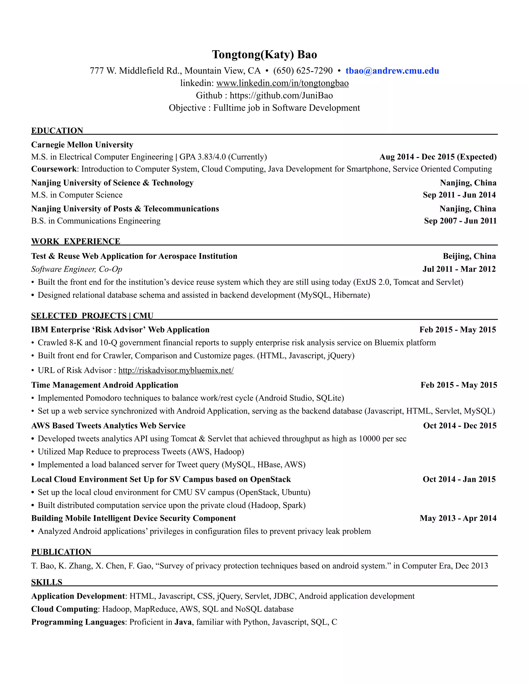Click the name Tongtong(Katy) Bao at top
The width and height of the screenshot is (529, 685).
[264, 55]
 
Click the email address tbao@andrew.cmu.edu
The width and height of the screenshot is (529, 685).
[392, 71]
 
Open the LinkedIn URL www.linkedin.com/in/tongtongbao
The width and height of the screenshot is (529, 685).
[282, 83]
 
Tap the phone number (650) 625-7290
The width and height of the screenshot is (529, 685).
[303, 71]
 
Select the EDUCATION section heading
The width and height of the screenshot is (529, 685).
[57, 131]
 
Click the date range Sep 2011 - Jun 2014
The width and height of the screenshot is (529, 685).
[459, 195]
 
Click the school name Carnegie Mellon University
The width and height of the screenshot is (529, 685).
[82, 144]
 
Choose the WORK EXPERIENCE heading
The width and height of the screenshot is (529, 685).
[75, 241]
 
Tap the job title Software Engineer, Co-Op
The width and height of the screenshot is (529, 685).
[76, 269]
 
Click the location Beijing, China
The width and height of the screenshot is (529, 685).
[469, 256]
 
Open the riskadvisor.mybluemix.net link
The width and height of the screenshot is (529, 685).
[176, 370]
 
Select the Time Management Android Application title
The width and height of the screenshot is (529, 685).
[105, 385]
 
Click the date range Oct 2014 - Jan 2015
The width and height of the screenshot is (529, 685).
[459, 479]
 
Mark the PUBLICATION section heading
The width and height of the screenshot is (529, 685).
[61, 552]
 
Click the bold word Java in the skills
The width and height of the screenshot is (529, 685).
[183, 622]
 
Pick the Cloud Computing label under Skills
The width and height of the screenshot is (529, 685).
[64, 609]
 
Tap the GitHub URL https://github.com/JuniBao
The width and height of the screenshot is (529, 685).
[281, 95]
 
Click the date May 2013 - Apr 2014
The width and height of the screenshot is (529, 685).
[458, 518]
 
